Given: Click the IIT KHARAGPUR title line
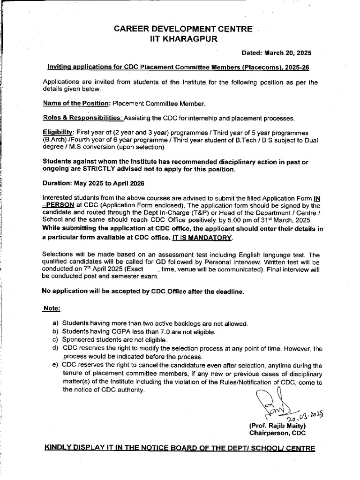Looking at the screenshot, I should (x=180, y=40).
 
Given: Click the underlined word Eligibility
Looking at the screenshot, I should (x=58, y=133).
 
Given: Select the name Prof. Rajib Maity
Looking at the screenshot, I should (x=278, y=426).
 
